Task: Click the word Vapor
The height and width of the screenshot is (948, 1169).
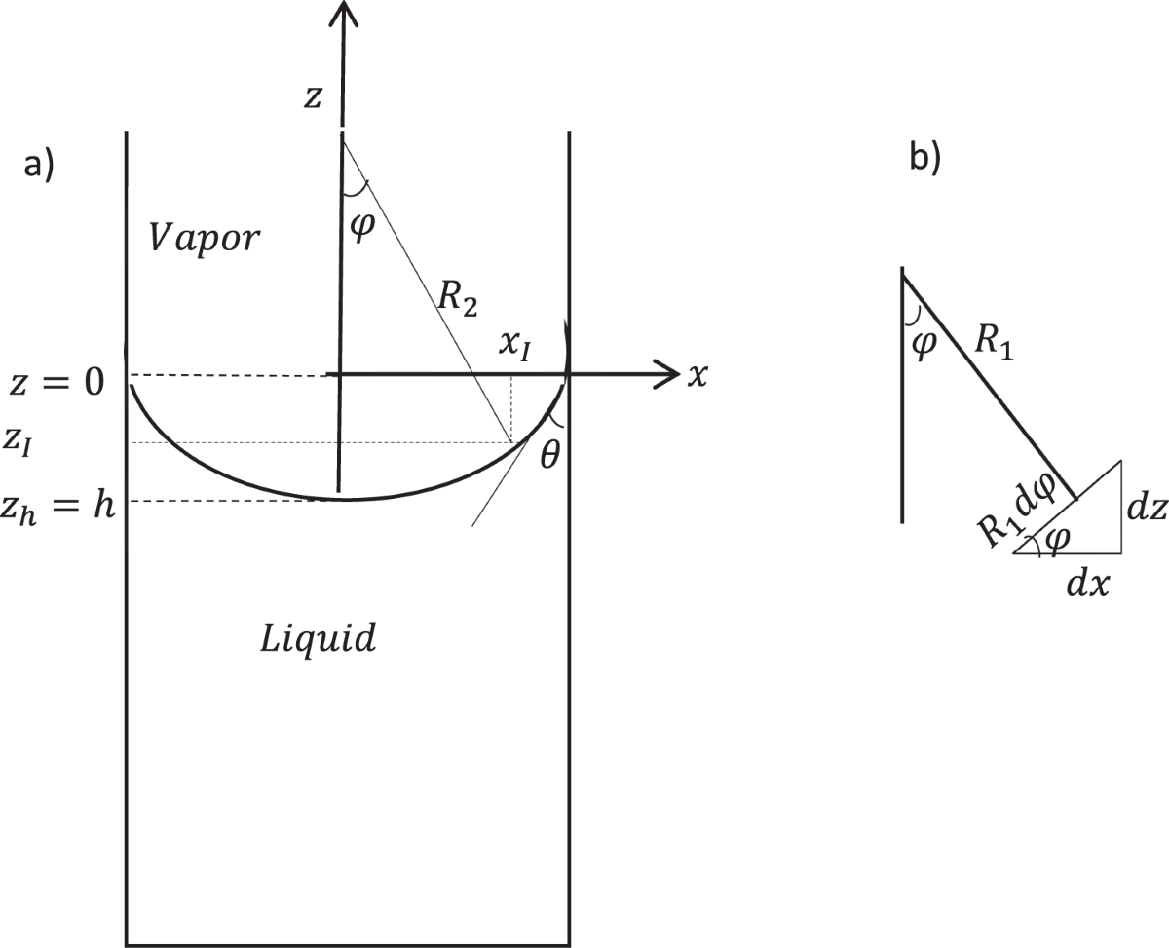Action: [205, 238]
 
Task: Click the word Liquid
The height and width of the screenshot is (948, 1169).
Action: [318, 640]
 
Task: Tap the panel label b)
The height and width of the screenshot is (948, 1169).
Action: [924, 157]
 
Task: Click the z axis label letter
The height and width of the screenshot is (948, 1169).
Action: [312, 98]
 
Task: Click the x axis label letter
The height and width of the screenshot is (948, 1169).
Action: [697, 376]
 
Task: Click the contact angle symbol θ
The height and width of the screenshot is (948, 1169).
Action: [549, 454]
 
